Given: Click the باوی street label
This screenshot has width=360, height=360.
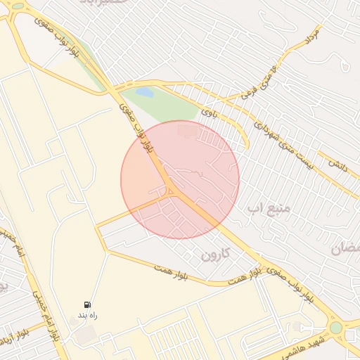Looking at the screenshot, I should click(x=209, y=111).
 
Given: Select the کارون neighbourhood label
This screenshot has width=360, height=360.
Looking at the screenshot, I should click(x=215, y=254).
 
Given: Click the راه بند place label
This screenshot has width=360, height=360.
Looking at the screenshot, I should click(x=87, y=316).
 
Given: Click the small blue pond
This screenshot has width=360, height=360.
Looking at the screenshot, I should click(x=144, y=92).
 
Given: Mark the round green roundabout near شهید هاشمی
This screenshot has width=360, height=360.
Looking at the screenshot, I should click(x=336, y=327).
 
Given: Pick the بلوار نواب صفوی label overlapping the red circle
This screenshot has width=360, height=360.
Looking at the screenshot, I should click(x=138, y=130).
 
